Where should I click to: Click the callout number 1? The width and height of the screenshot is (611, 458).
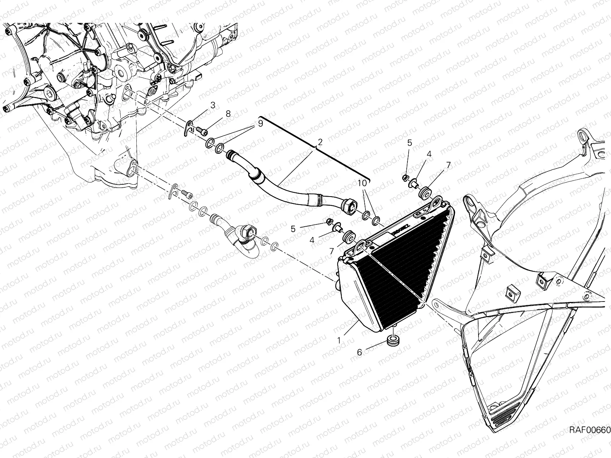point(339,340)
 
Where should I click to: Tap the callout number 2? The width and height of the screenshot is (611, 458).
point(320,142)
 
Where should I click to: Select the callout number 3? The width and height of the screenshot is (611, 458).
point(213,105)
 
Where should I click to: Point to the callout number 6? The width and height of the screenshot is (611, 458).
point(359,353)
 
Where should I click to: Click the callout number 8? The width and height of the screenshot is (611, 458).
point(228,113)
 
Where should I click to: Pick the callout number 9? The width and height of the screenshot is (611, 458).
point(260,123)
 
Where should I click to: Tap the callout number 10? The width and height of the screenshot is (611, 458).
point(362,183)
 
